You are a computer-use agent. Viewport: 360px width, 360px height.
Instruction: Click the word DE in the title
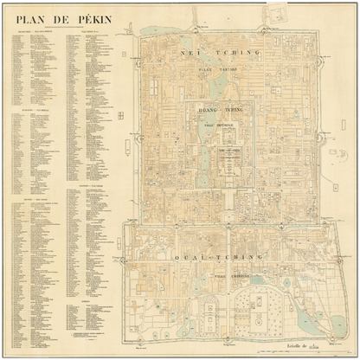60,16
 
